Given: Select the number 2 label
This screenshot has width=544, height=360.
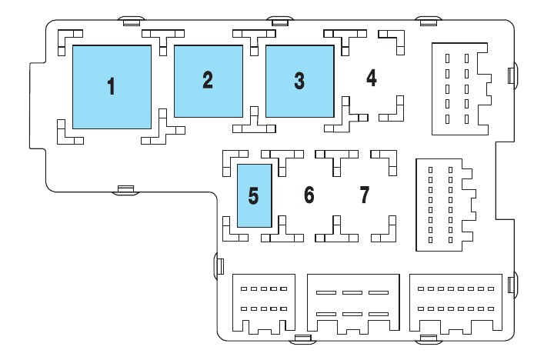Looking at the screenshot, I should tap(207, 80).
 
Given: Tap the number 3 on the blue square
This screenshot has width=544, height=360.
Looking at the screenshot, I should tap(299, 80).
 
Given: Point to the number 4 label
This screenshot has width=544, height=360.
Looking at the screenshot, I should tap(372, 78).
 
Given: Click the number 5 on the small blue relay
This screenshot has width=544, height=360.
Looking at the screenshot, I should tap(253, 195).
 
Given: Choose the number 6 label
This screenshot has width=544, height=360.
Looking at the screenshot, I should tap(309, 195).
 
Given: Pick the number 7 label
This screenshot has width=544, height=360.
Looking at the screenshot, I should tap(365, 195).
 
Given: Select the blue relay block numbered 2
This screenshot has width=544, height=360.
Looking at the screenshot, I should tap(208, 100).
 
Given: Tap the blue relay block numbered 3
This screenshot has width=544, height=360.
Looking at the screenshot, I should tap(300, 100).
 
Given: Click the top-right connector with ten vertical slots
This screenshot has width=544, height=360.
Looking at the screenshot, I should tap(459, 89).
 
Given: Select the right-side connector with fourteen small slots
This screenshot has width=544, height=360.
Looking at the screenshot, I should tap(443, 205).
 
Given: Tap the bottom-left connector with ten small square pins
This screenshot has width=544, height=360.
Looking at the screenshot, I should tap(264, 302).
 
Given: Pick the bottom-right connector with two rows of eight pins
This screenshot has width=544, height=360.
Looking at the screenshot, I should tap(455, 302).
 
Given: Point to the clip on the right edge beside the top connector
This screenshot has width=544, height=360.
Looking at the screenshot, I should tap(512, 75).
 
